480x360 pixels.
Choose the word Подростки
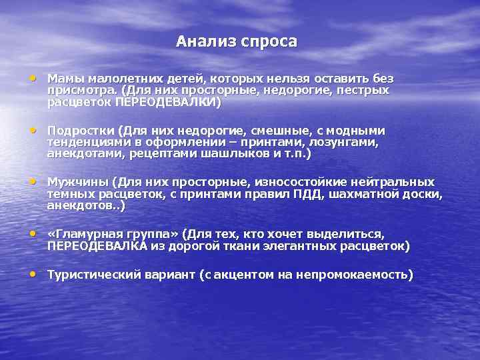tap(80, 131)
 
